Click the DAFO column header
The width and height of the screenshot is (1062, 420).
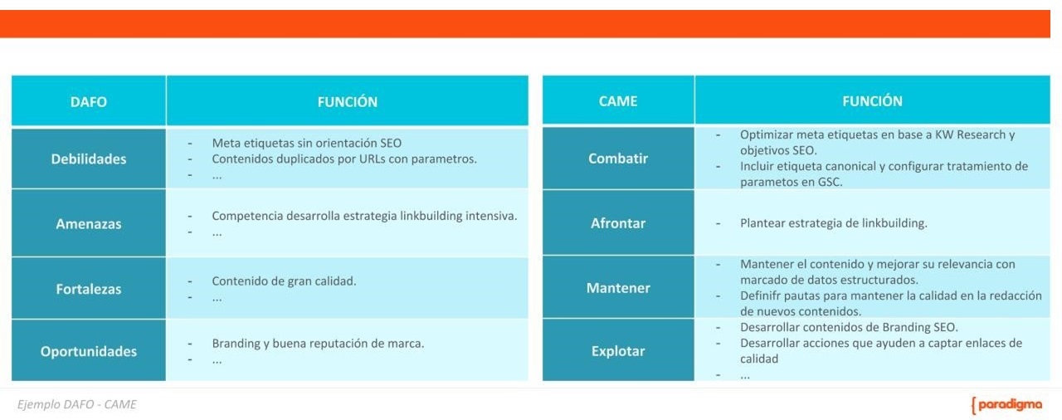tap(89, 102)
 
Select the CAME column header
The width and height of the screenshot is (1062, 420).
tap(618, 101)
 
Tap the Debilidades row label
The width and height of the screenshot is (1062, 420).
tap(89, 159)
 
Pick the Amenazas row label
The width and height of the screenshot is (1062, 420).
tap(89, 224)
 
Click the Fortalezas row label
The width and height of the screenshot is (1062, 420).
tap(89, 289)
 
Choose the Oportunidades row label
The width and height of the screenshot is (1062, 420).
tap(89, 351)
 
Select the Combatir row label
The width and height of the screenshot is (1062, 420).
tap(618, 159)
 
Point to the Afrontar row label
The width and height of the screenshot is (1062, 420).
tap(618, 223)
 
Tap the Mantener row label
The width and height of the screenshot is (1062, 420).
tap(618, 288)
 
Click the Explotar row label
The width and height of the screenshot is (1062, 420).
tap(618, 351)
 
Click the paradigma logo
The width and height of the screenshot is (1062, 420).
tap(1006, 405)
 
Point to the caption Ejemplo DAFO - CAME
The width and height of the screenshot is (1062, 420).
tap(77, 404)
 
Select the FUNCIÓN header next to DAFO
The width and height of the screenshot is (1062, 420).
tap(347, 102)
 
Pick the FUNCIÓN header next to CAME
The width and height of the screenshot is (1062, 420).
tap(872, 101)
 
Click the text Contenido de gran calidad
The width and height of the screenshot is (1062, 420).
tap(284, 281)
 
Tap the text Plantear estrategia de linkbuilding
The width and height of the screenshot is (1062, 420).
tap(834, 223)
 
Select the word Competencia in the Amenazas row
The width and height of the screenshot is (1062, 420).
tap(242, 216)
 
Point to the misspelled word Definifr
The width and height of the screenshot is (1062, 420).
tap(759, 295)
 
